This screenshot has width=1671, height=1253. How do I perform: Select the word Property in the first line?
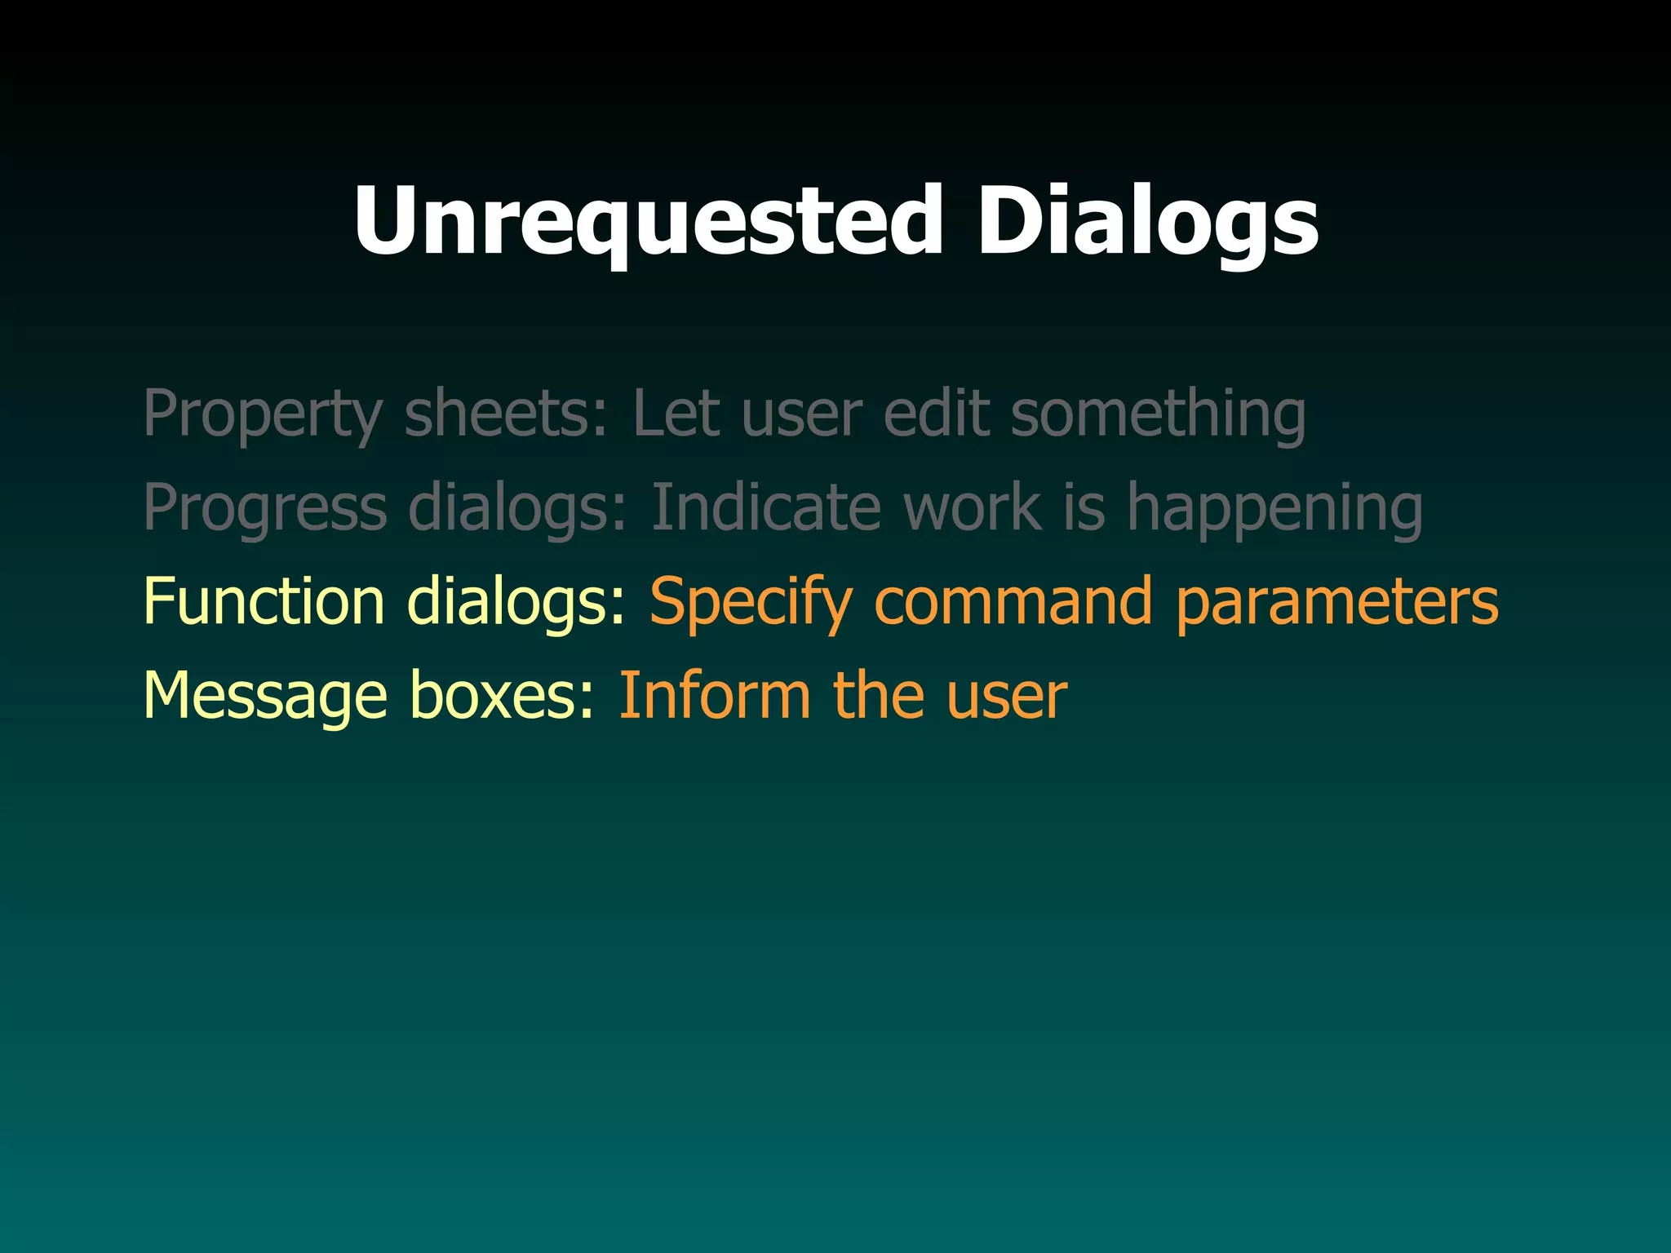263,415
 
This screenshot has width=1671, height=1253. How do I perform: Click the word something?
1158,415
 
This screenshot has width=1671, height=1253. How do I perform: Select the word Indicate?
766,507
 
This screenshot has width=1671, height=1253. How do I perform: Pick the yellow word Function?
264,601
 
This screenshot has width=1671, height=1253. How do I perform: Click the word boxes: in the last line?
503,695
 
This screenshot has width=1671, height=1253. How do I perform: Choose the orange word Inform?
714,695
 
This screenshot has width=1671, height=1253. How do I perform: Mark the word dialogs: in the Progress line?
517,507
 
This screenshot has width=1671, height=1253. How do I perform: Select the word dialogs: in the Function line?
516,601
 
